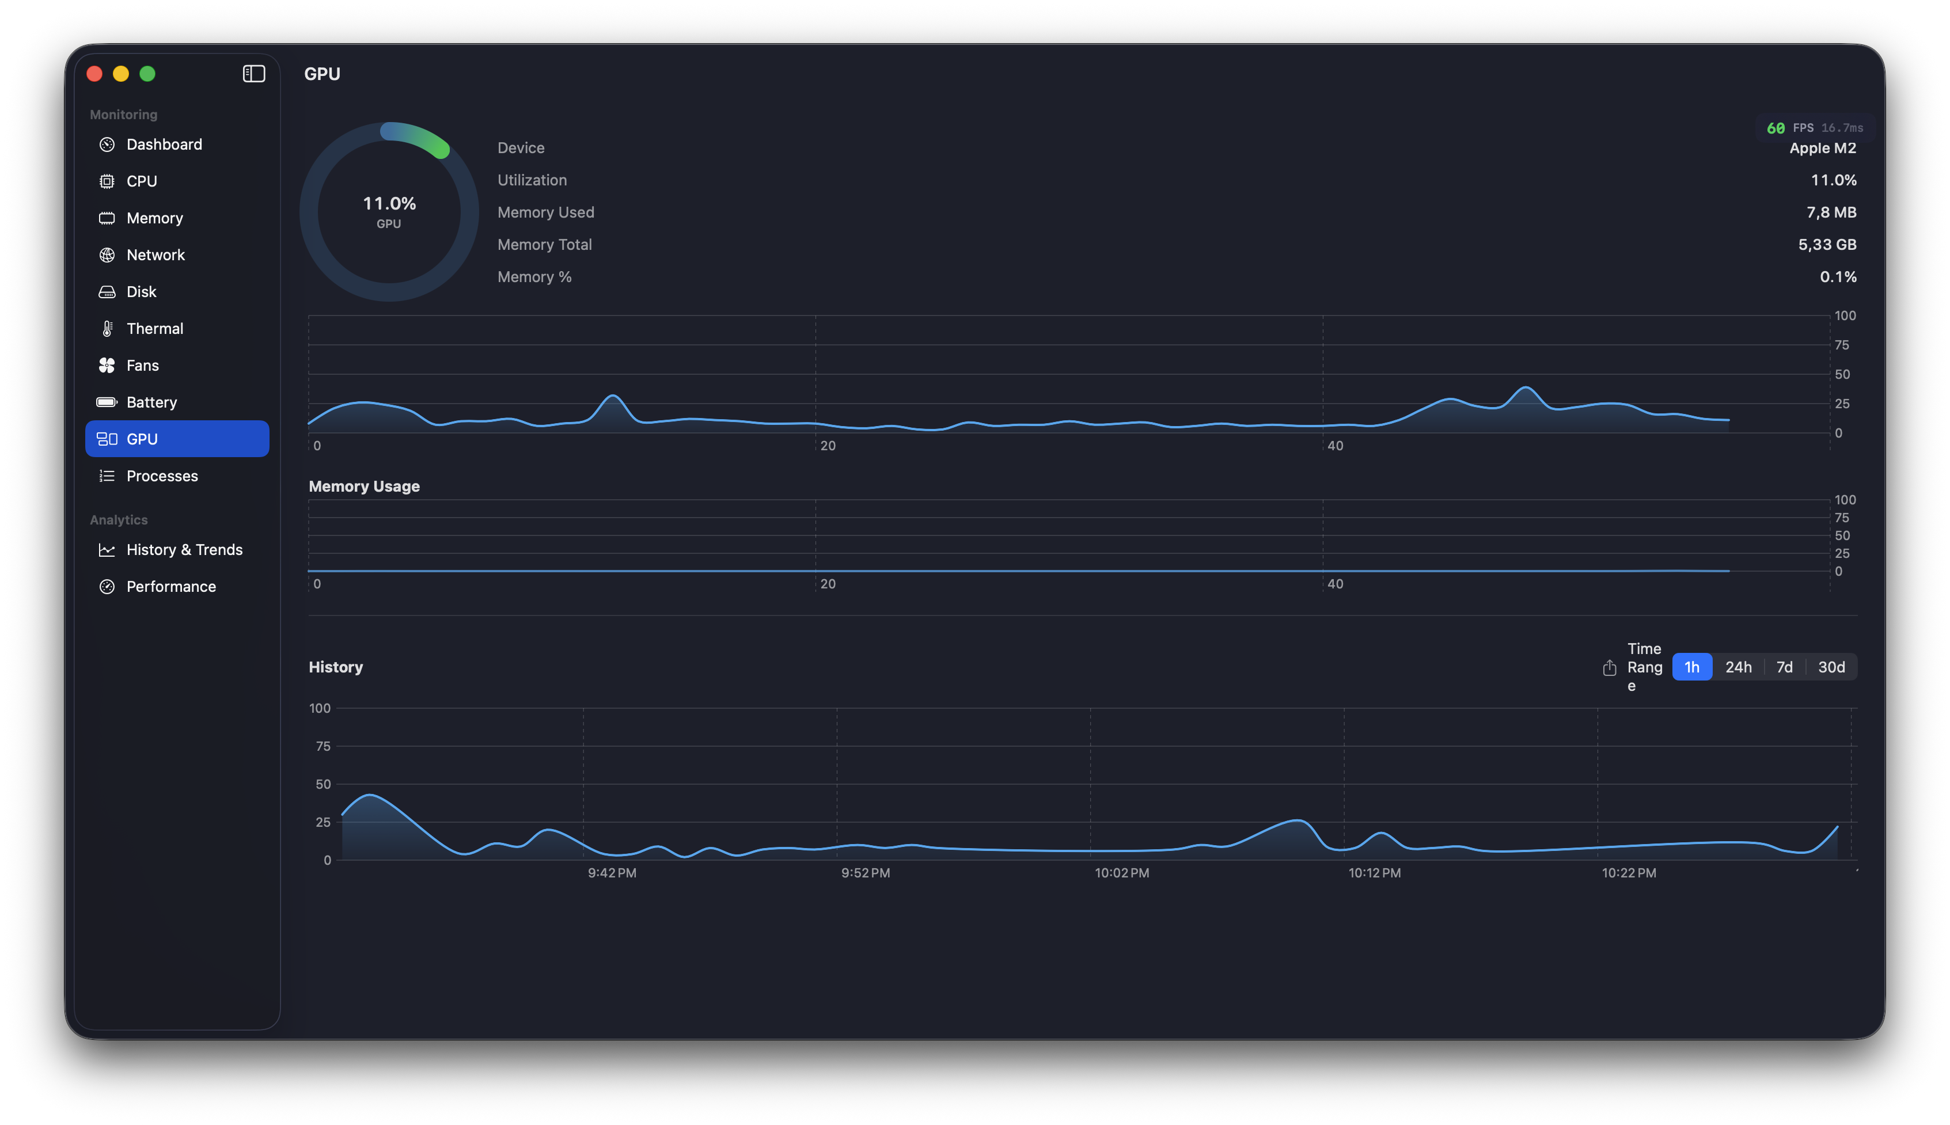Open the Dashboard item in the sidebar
pos(164,145)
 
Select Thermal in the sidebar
pos(154,328)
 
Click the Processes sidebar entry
pos(161,476)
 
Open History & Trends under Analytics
pos(184,549)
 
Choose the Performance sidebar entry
pos(171,587)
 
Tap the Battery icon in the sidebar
pos(107,402)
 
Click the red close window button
pos(95,73)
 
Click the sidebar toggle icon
pos(253,73)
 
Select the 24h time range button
pos(1738,667)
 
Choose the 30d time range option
pos(1831,667)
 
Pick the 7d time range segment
pos(1784,667)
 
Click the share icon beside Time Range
pos(1609,668)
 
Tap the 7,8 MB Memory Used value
pos(1831,212)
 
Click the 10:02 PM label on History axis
pos(1121,873)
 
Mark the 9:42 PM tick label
pos(612,873)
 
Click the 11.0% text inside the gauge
pos(389,203)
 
